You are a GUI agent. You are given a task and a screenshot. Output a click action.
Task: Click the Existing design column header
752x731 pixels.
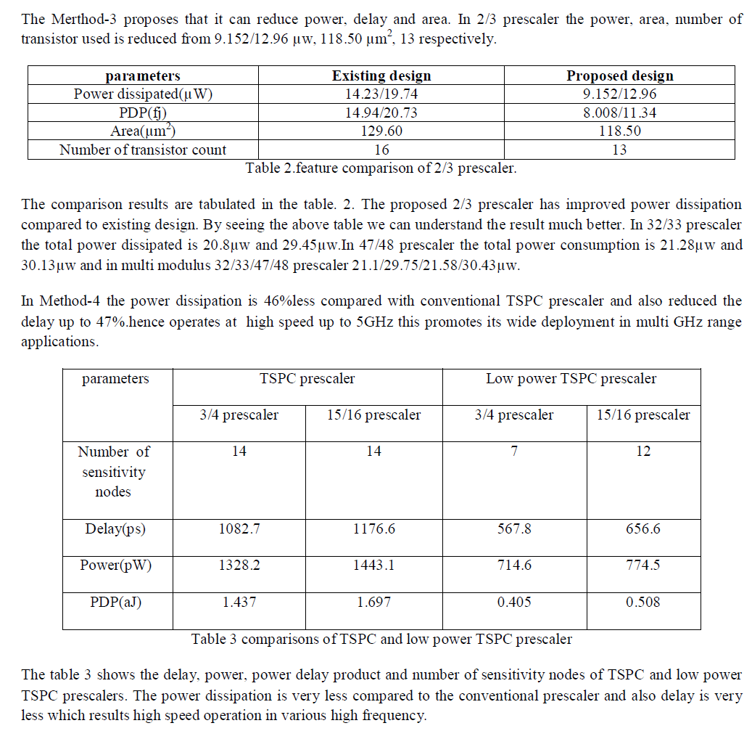[x=381, y=75]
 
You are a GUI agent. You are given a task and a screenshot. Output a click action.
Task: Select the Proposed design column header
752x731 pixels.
[x=619, y=75]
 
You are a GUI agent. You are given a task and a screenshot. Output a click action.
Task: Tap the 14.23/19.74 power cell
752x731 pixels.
[x=381, y=94]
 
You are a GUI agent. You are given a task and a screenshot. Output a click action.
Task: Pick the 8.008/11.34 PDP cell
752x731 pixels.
[x=619, y=113]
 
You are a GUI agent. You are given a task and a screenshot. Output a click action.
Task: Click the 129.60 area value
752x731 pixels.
[x=381, y=131]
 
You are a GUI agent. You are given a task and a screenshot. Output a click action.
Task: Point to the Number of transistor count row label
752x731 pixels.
[x=143, y=150]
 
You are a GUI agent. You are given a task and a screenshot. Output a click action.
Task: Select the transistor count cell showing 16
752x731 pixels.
[x=381, y=150]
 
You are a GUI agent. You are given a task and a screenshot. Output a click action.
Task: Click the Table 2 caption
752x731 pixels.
[x=381, y=168]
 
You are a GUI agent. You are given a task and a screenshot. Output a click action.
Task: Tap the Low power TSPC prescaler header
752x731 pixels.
[x=571, y=378]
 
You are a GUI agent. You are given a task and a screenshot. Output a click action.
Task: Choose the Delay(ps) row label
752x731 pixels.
[x=115, y=528]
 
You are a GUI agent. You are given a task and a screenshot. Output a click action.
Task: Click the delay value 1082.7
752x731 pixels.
[x=239, y=528]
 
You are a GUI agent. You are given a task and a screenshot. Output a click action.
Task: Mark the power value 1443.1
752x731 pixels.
[x=373, y=564]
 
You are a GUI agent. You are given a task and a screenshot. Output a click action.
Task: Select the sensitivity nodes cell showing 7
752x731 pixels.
[x=514, y=451]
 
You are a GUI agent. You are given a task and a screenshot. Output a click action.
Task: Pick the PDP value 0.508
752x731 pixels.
[x=642, y=601]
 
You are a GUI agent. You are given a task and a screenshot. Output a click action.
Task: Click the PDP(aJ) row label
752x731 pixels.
[x=115, y=601]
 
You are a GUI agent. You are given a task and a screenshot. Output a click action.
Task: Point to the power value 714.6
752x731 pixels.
[x=514, y=564]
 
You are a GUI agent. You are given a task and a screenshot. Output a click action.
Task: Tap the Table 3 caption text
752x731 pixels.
[x=381, y=639]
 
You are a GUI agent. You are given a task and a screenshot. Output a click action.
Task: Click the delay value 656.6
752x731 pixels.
[x=642, y=528]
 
